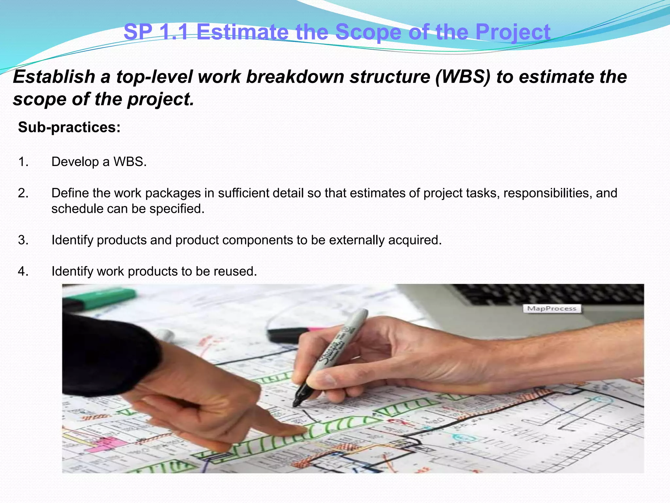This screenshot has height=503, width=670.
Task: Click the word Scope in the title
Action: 368,32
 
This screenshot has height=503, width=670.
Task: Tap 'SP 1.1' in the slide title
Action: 156,32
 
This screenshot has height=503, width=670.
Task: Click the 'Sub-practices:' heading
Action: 69,127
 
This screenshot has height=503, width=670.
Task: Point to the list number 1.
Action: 23,162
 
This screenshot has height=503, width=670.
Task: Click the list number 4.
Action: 23,271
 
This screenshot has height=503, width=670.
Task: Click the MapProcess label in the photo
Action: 552,308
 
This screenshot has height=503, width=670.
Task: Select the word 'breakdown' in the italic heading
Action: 294,77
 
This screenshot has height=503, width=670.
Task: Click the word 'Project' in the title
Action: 513,32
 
